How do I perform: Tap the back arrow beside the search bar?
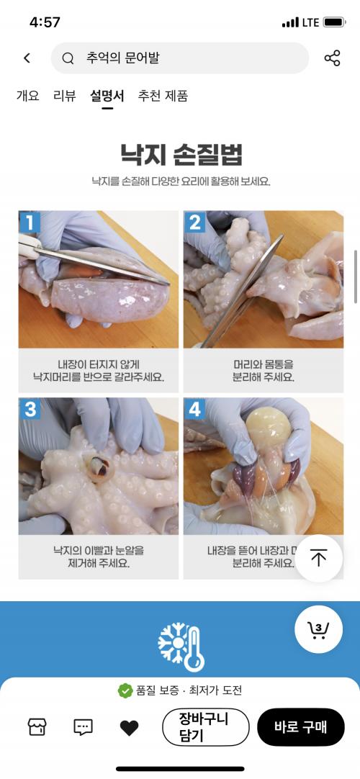click(x=27, y=58)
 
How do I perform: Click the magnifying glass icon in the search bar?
click(x=68, y=58)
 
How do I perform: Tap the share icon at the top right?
click(x=332, y=58)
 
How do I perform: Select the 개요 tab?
click(x=28, y=95)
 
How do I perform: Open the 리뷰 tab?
click(x=65, y=95)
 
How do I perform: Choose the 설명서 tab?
click(x=107, y=95)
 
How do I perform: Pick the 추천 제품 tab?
click(x=163, y=95)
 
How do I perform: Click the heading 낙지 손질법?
click(x=181, y=154)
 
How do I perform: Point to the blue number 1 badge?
click(x=30, y=222)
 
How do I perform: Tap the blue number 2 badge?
click(x=194, y=222)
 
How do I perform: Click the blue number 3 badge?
click(x=30, y=409)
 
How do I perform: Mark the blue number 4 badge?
click(x=194, y=409)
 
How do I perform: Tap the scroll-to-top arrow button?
click(x=319, y=558)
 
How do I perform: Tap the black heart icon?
click(x=129, y=728)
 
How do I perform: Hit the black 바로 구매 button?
click(x=300, y=727)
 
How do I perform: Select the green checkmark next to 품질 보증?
click(x=125, y=690)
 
